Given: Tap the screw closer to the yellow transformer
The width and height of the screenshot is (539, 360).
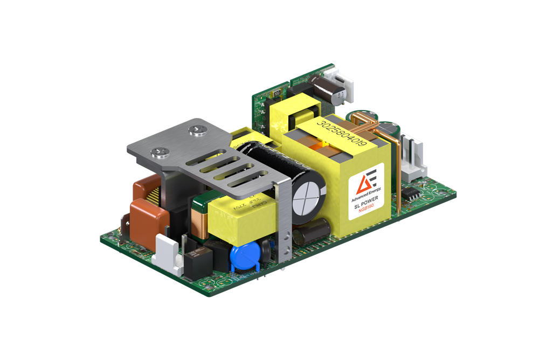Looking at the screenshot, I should (194, 130).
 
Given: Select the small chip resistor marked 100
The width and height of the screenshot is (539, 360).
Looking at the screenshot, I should (277, 93).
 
